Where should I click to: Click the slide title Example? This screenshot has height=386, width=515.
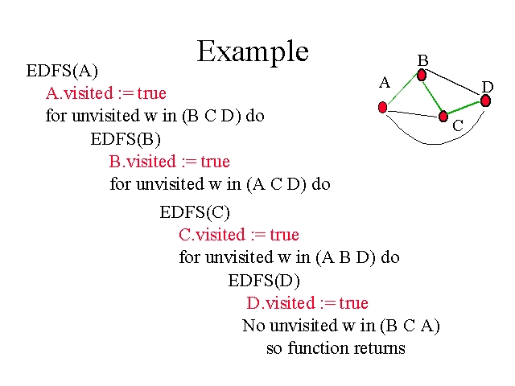(253, 51)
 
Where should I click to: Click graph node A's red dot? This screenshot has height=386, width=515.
(382, 107)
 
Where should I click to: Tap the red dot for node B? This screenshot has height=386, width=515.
(421, 75)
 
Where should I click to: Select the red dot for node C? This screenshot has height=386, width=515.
(443, 116)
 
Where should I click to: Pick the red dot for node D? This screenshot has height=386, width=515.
(485, 101)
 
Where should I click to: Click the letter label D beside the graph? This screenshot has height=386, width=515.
(488, 86)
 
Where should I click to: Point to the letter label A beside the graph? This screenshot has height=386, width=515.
(385, 82)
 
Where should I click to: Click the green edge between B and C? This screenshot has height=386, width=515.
(431, 95)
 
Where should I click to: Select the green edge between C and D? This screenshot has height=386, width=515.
(464, 108)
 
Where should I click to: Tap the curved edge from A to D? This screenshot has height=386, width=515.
(435, 144)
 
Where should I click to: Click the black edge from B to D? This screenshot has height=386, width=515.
(453, 88)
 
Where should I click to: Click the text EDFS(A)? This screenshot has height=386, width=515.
(62, 70)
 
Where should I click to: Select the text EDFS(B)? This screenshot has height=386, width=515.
(126, 138)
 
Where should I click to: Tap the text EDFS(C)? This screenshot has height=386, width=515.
(195, 212)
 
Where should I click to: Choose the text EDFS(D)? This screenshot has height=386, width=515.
(264, 281)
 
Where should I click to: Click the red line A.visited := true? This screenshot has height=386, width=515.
(105, 92)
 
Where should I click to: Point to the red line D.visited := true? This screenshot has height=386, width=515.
(307, 303)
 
